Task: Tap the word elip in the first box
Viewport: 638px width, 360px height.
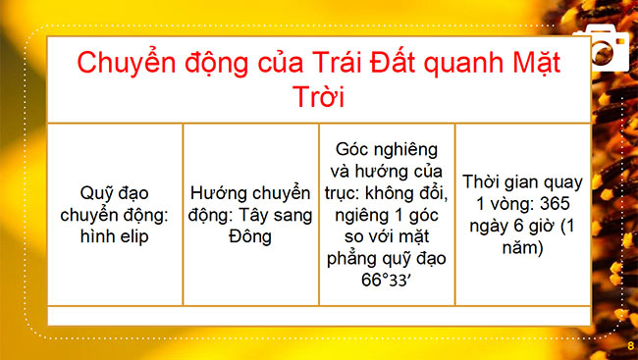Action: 132,237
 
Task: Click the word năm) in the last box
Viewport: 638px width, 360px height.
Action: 523,249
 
